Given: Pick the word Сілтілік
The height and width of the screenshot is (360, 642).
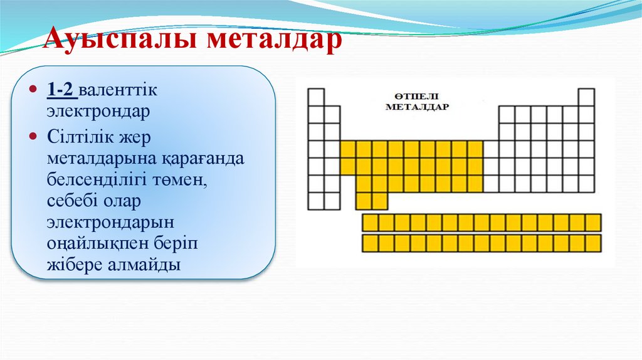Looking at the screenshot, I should pos(79,136).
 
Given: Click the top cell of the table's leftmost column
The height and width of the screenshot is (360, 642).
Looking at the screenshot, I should pos(316,97).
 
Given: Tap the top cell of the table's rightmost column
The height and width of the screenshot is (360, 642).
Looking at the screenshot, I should pos(586,97).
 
